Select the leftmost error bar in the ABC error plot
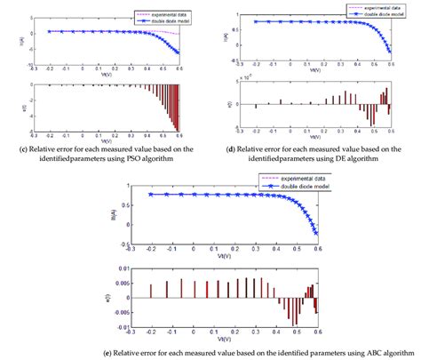pos(151,291)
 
